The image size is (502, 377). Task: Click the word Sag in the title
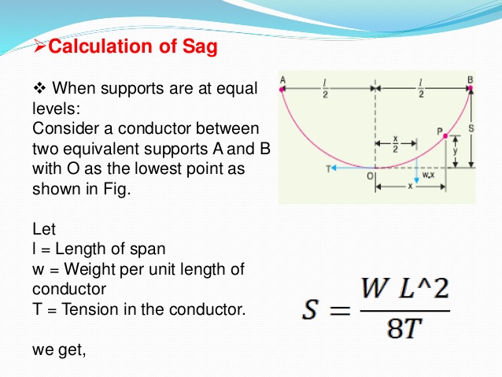tap(197, 47)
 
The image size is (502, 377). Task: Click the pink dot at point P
tap(445, 137)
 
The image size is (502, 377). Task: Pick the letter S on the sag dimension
tap(470, 127)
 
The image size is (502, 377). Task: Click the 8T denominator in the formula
tap(406, 328)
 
